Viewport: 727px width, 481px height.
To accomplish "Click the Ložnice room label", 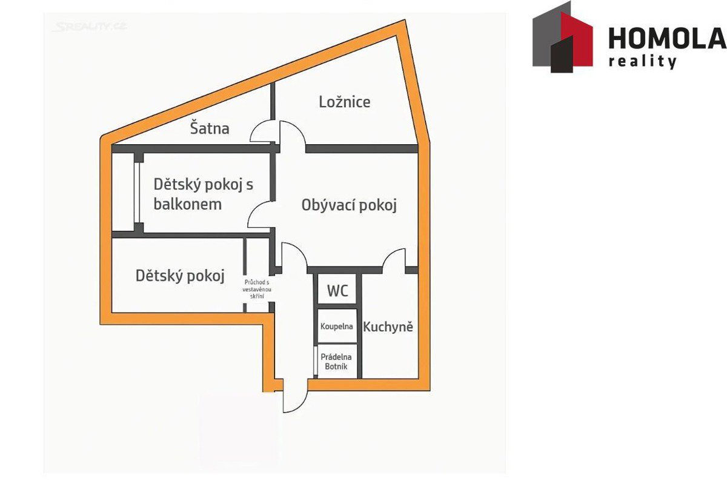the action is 344,102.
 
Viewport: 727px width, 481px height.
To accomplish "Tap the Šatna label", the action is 210,128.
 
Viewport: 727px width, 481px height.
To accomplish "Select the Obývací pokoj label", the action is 349,205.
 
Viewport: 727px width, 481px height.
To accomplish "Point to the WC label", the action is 337,291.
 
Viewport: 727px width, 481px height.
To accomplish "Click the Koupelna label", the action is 337,326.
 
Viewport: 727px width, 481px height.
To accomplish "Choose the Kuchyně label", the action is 388,327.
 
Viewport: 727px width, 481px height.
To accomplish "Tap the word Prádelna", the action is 336,357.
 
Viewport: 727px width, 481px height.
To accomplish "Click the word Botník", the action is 336,367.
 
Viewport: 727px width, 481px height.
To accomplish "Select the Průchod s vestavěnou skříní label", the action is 257,289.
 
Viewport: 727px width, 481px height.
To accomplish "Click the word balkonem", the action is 188,205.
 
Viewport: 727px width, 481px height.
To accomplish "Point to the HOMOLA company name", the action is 667,38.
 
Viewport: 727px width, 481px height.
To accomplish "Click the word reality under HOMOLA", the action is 642,61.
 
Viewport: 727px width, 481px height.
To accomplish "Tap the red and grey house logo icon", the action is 562,37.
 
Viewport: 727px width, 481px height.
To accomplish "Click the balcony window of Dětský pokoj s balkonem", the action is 137,193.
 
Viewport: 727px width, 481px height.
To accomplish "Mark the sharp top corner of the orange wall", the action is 405,21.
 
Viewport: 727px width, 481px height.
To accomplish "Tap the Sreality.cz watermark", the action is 90,27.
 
